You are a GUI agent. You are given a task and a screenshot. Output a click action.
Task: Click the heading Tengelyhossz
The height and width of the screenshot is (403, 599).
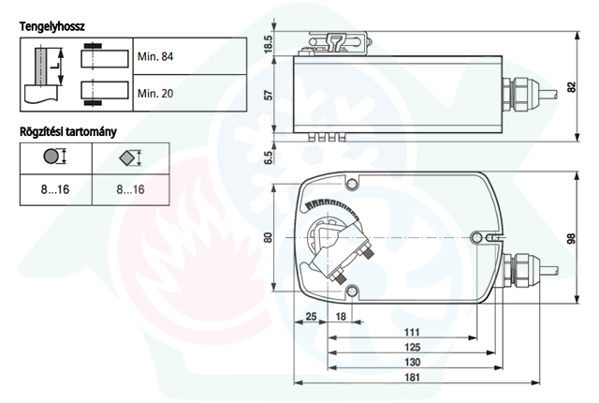coord(52,27)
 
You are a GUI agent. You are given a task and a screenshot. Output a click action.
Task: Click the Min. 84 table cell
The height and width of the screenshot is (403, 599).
coord(190,56)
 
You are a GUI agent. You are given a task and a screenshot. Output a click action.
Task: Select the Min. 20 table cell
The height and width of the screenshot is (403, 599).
coord(190,93)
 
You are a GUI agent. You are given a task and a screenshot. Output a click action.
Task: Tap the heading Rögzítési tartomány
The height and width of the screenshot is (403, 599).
coord(68,132)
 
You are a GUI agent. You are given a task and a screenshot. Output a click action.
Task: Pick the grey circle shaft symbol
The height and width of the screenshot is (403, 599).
coord(51,156)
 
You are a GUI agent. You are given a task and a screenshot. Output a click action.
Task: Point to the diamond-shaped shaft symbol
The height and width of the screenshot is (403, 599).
coord(127,157)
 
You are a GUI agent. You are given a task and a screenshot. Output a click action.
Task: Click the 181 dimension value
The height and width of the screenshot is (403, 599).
coord(412,378)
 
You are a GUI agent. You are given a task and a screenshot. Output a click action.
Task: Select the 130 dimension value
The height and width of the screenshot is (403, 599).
coord(412,362)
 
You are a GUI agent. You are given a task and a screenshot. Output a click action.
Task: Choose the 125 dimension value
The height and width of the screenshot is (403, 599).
coord(412,347)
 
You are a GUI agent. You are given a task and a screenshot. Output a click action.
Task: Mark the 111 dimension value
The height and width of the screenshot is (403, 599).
coord(412,333)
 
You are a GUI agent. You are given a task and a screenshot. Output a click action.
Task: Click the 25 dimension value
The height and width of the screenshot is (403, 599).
coord(312,316)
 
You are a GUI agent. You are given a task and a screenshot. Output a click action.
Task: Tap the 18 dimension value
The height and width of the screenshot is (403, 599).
coord(341,316)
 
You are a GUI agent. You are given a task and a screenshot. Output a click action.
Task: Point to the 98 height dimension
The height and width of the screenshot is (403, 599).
coord(571,239)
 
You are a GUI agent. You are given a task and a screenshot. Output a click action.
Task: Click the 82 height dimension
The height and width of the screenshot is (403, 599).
coord(571,87)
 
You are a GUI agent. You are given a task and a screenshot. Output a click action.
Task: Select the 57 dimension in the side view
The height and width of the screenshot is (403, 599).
coord(270,95)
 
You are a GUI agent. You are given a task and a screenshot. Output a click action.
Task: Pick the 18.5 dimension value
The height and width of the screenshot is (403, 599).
coord(269,44)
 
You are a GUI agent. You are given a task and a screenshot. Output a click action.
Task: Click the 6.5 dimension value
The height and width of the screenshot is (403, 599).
coord(269,157)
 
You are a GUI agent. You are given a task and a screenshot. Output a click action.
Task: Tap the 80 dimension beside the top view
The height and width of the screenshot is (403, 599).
coord(269,237)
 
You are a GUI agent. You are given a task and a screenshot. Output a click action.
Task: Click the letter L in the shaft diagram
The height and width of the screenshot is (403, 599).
coord(56,66)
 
